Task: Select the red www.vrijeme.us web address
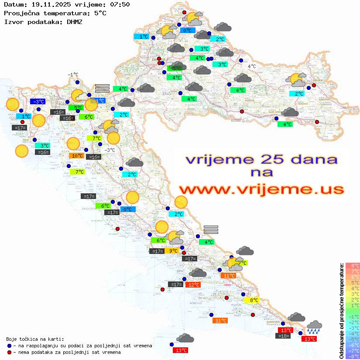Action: (x=261, y=189)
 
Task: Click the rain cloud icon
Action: (x=314, y=327)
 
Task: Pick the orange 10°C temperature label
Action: (x=76, y=156)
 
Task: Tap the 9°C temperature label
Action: (x=172, y=251)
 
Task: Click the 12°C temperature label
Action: (x=193, y=285)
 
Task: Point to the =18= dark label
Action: (x=284, y=336)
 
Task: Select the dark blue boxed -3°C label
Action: (x=38, y=101)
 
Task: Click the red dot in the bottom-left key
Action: (x=10, y=352)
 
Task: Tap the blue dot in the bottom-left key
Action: (x=10, y=346)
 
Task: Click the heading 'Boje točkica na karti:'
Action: (x=35, y=339)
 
